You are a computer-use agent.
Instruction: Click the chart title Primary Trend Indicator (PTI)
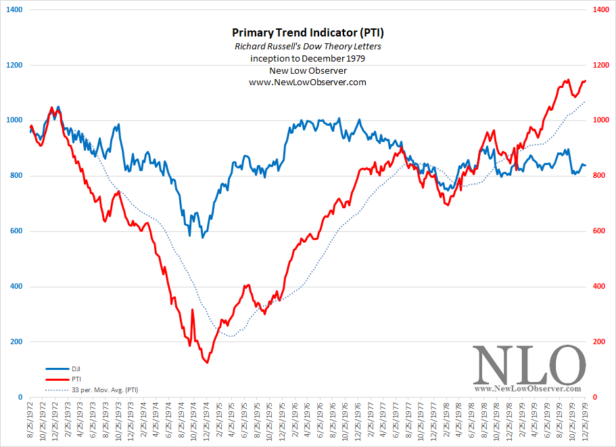click(x=307, y=32)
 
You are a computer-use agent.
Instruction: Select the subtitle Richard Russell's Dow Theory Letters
click(x=307, y=46)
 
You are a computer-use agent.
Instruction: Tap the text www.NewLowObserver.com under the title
click(x=307, y=82)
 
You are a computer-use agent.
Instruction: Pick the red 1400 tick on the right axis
click(x=600, y=10)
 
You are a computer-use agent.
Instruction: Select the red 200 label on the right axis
click(x=598, y=342)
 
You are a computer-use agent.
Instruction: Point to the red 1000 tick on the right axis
click(x=600, y=120)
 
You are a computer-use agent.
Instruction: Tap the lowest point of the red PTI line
click(x=206, y=362)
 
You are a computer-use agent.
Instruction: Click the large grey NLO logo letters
click(x=527, y=365)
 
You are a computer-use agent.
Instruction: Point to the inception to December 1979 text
click(x=307, y=58)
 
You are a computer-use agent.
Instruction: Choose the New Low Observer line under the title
click(x=307, y=70)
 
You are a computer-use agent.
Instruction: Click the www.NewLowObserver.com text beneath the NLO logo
click(x=527, y=389)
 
